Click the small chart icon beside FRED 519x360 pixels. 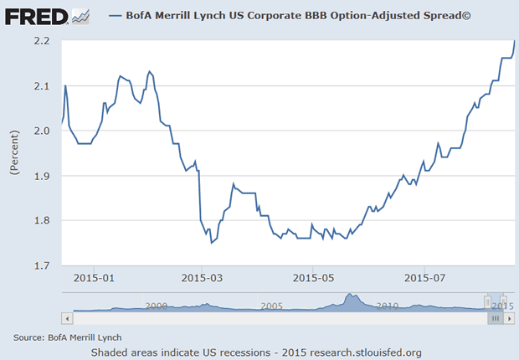coord(80,15)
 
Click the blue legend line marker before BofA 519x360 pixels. coord(116,16)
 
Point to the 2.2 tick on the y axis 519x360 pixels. coord(44,41)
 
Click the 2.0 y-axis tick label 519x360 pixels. coord(44,131)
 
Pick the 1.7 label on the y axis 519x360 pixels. coord(44,265)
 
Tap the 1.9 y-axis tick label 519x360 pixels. coord(44,176)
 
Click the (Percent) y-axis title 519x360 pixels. coord(14,152)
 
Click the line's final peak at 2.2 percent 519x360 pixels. coord(514,41)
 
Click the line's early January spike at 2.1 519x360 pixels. coord(65,86)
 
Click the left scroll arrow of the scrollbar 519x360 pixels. coord(67,318)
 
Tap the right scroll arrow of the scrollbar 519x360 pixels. coord(507,318)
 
